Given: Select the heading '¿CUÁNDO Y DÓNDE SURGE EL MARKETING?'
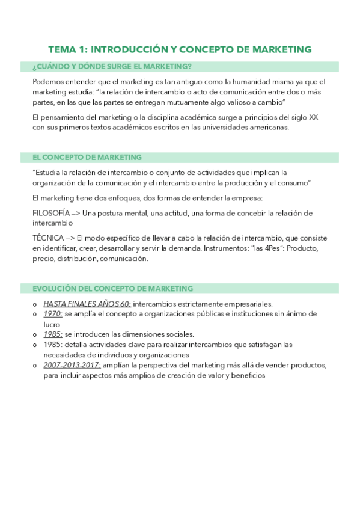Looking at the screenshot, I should click(x=112, y=67).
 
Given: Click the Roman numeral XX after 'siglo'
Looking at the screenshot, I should click(x=313, y=117).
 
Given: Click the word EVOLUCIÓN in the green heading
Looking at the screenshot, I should click(x=58, y=289).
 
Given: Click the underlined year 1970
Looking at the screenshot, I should click(x=53, y=314).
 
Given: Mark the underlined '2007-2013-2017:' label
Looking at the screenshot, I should click(x=72, y=365).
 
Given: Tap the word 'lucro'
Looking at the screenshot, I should click(x=53, y=324).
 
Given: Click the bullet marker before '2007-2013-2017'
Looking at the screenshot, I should click(x=35, y=366).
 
